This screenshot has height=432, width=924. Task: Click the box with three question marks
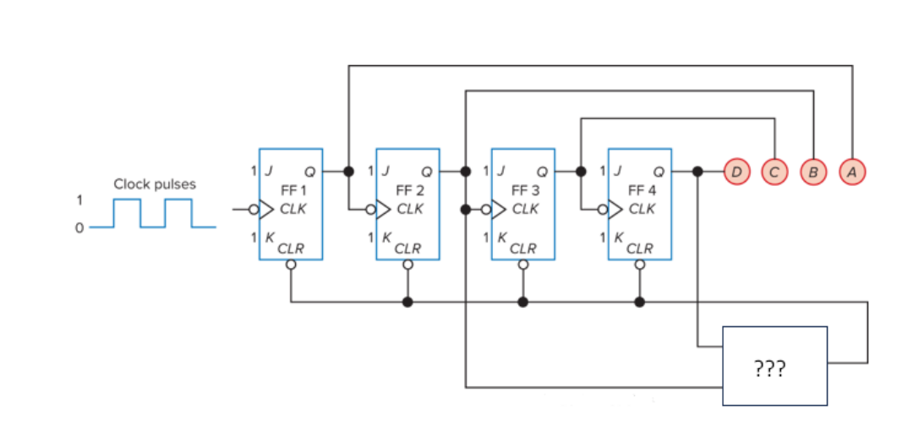774,366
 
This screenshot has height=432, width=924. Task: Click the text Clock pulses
154,183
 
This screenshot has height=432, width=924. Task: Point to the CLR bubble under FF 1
291,265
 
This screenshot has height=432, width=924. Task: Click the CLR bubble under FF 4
640,265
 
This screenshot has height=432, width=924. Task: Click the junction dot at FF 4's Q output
697,171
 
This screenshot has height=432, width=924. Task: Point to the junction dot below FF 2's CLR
407,302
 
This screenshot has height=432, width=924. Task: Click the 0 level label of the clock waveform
79,227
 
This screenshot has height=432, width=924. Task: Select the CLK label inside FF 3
525,209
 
